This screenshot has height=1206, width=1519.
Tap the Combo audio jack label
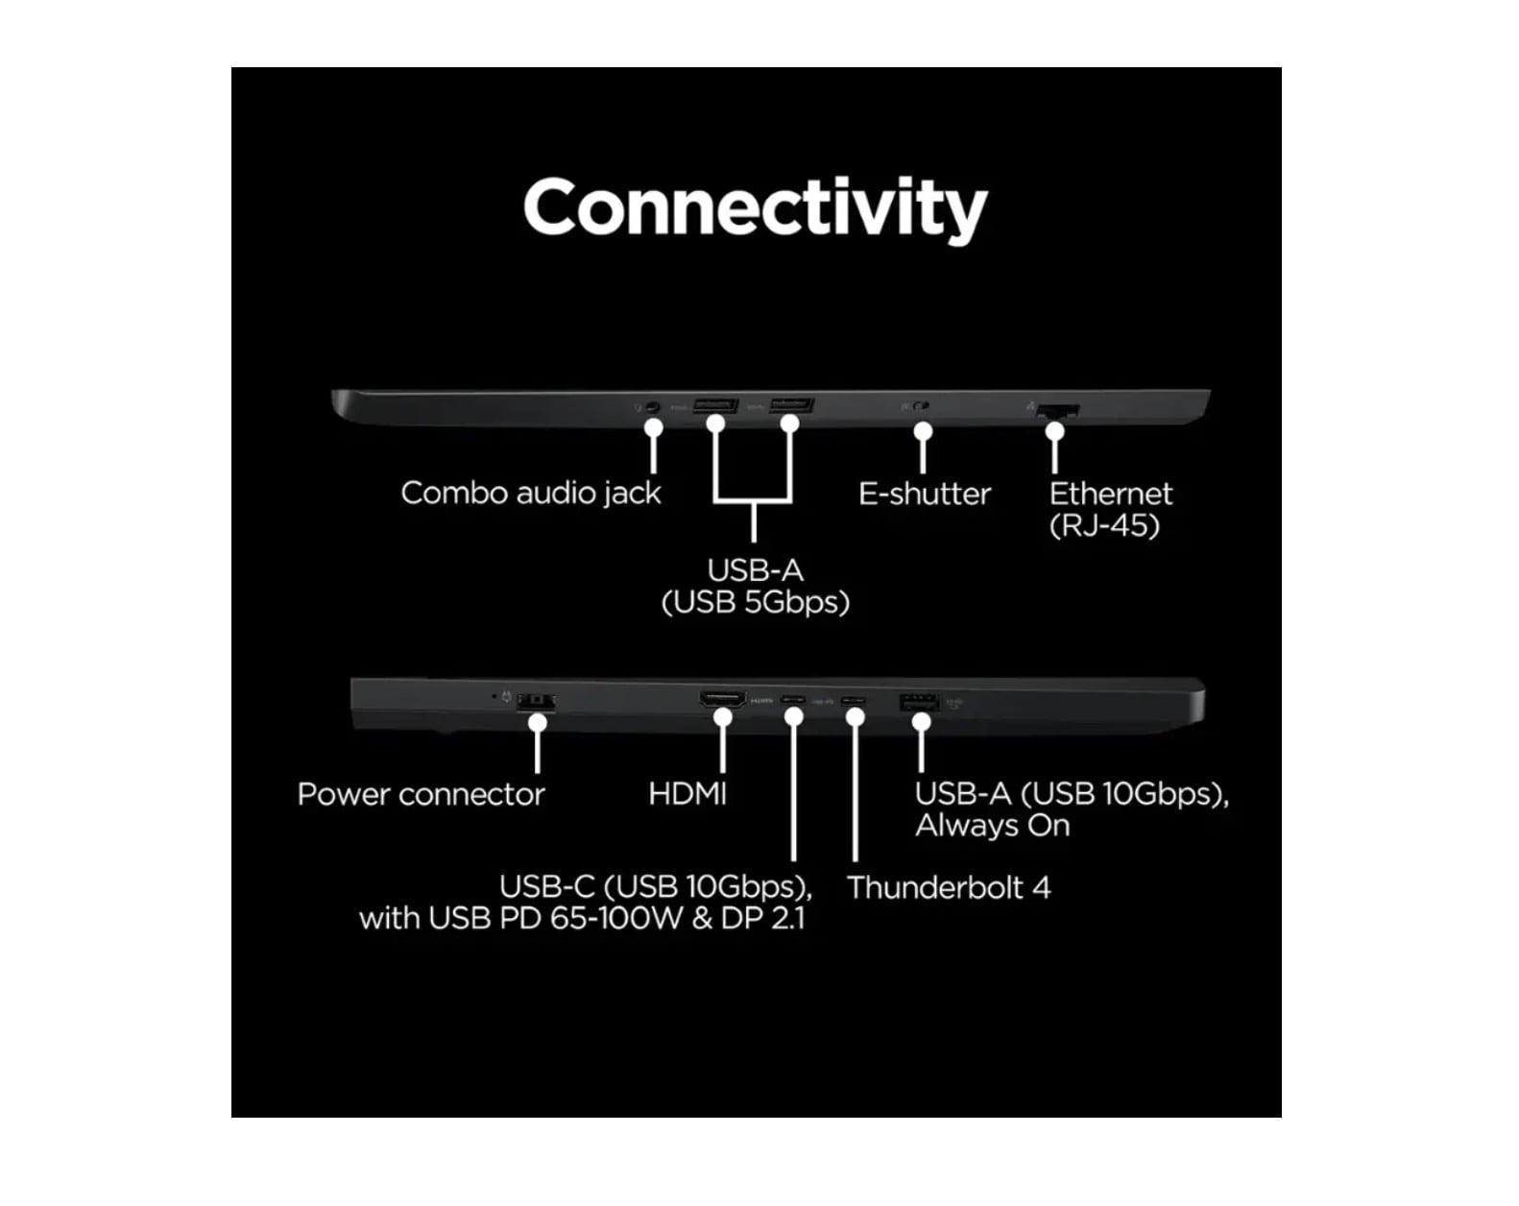click(531, 494)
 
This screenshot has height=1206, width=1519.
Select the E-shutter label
click(925, 494)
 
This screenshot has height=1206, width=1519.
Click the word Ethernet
click(1110, 494)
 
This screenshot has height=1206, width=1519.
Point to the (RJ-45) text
click(1104, 525)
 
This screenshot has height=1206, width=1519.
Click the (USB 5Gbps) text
click(756, 602)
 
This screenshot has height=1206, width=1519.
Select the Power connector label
click(421, 794)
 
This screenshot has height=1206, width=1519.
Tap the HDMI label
click(687, 794)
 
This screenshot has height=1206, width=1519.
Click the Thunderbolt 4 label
click(949, 887)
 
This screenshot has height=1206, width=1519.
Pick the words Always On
click(993, 826)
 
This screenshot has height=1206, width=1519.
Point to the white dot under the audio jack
click(654, 427)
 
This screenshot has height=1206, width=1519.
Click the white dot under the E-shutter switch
click(923, 431)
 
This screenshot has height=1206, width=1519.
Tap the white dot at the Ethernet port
click(1054, 431)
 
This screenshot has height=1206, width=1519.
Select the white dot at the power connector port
click(538, 722)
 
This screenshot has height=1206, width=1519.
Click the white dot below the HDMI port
click(723, 718)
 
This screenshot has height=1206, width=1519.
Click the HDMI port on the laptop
click(722, 699)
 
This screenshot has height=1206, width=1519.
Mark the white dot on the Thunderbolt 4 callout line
click(855, 718)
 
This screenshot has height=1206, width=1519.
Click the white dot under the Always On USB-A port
click(921, 722)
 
